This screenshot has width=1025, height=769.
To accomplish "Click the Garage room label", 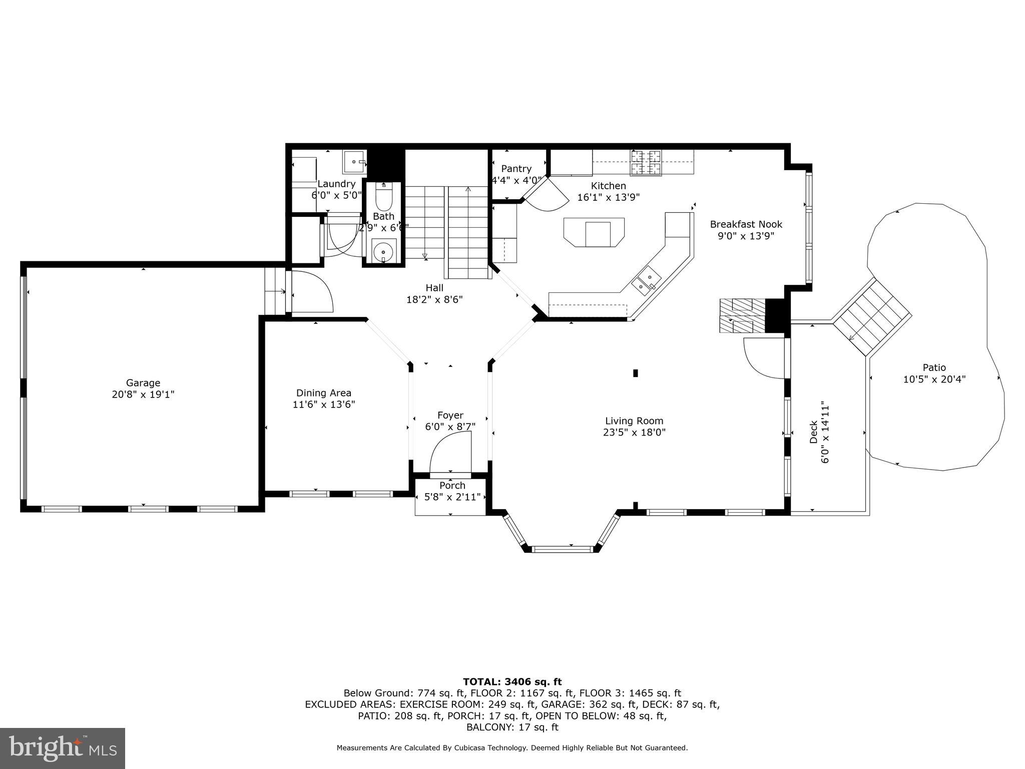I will [143, 383].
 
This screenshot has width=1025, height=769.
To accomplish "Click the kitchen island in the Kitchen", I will [594, 232].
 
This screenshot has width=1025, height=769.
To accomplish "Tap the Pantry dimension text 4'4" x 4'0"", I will [516, 180].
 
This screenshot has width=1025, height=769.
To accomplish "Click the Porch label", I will [452, 486].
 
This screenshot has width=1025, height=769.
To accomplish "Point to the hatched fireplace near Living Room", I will [743, 315].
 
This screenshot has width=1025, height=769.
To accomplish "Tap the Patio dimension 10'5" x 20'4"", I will [934, 379].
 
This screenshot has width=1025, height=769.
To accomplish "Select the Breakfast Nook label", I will [746, 224].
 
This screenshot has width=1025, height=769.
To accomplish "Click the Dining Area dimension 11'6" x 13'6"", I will [324, 405].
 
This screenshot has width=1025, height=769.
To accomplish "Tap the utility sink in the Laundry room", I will [355, 161].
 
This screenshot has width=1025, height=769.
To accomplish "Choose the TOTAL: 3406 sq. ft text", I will [512, 681].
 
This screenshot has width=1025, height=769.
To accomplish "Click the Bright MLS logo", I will [63, 748].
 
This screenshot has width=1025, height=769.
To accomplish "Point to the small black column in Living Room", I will [636, 373].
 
